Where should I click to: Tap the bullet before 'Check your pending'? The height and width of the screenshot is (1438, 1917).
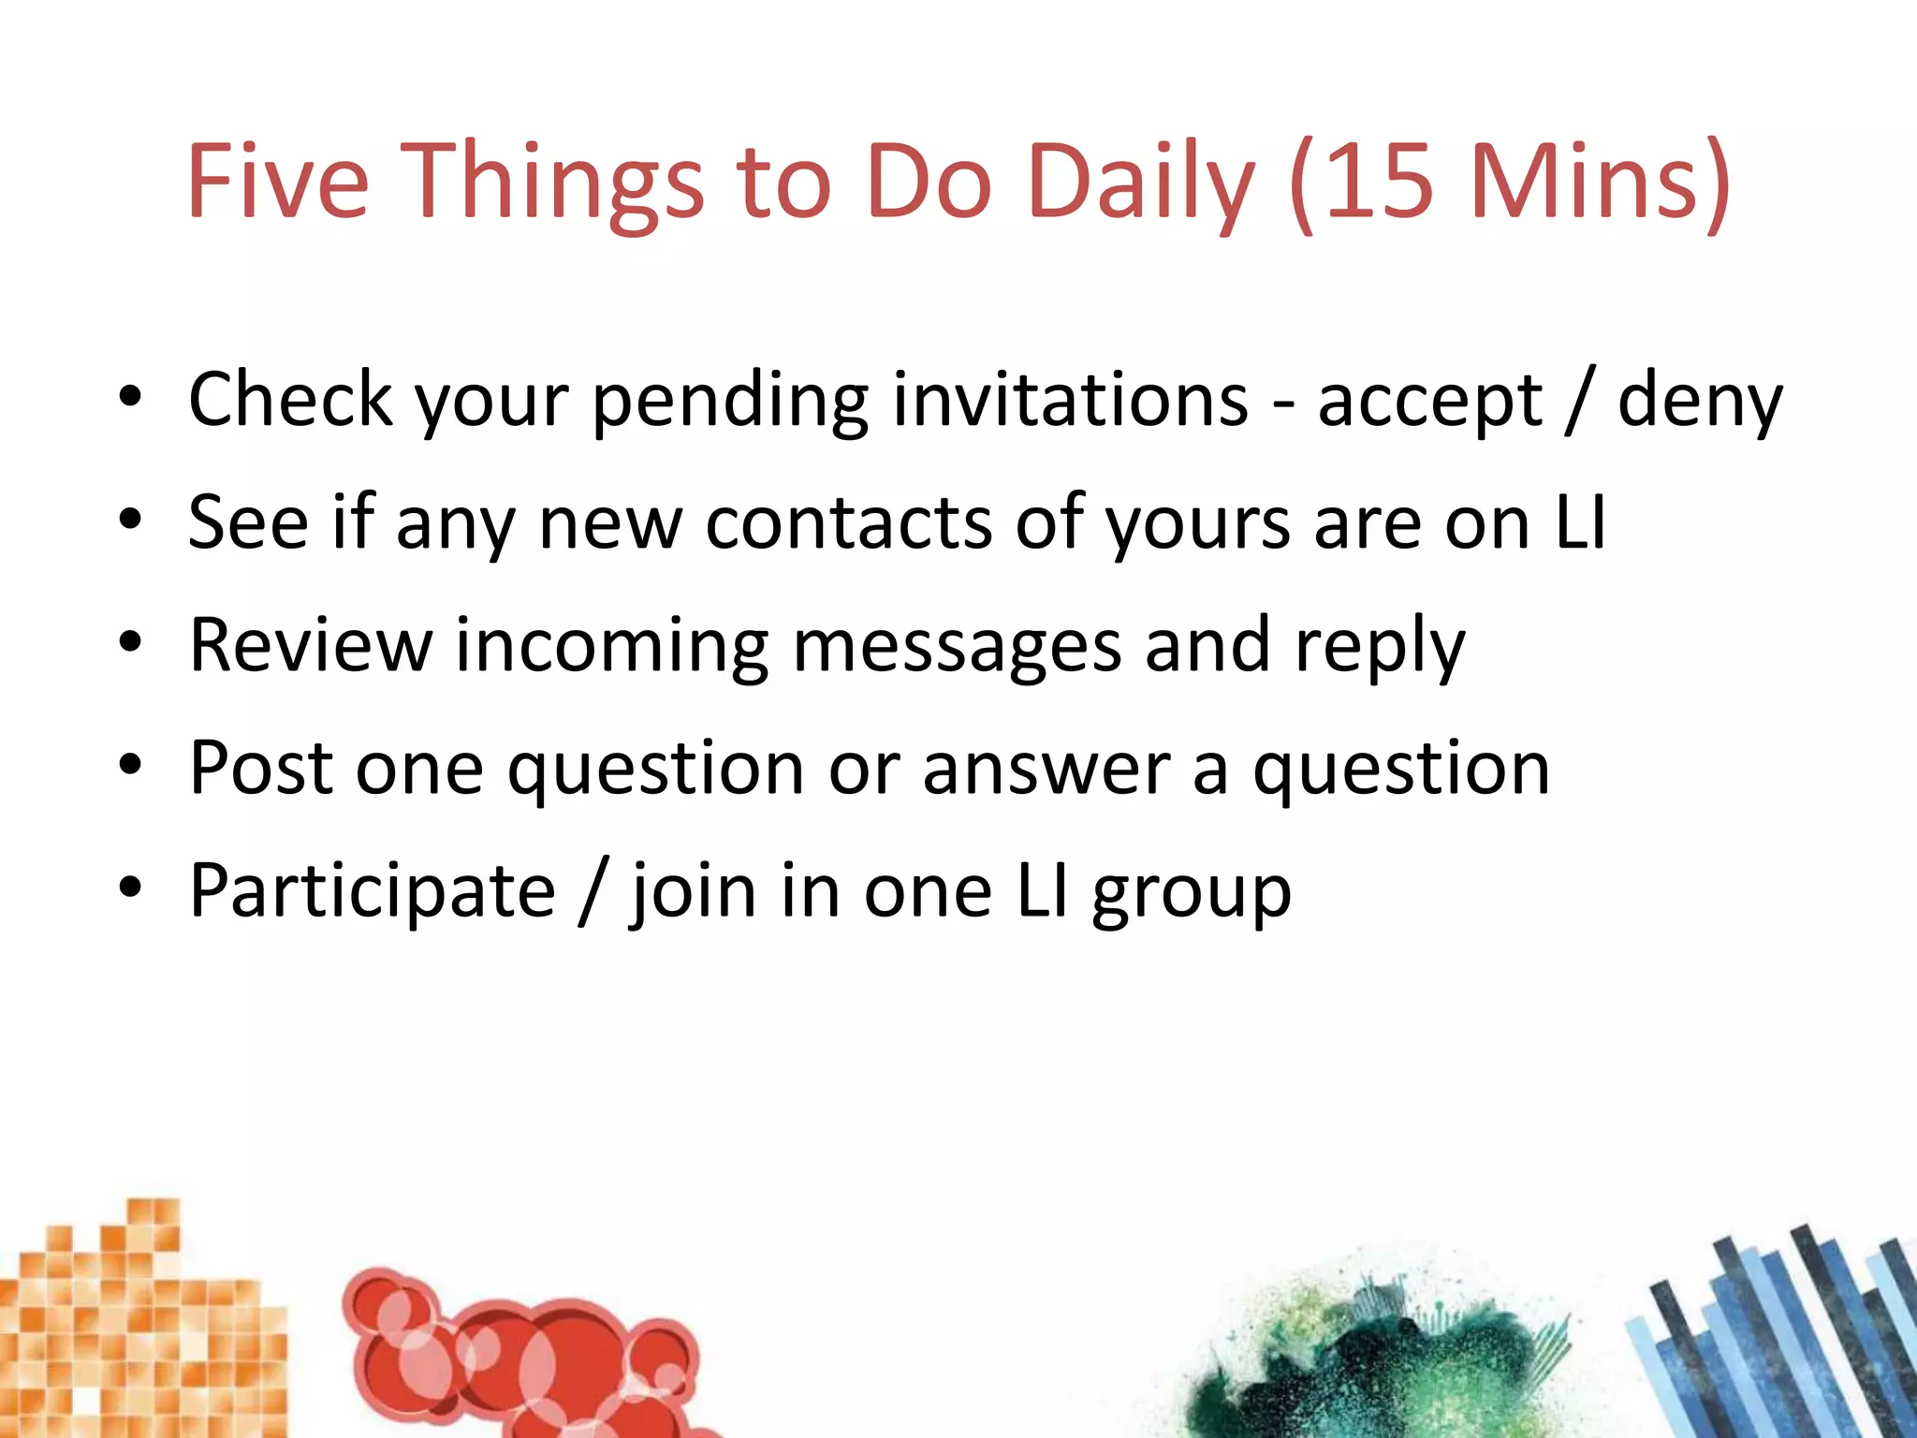pos(130,399)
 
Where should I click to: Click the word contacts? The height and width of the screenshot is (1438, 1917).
pos(848,522)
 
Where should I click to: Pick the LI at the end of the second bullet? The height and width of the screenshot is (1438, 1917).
pos(1580,522)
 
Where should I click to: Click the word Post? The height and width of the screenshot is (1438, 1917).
pos(261,768)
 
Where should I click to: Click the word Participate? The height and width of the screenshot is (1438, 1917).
pos(373,891)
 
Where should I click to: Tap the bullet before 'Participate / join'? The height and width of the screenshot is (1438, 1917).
pos(130,890)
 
